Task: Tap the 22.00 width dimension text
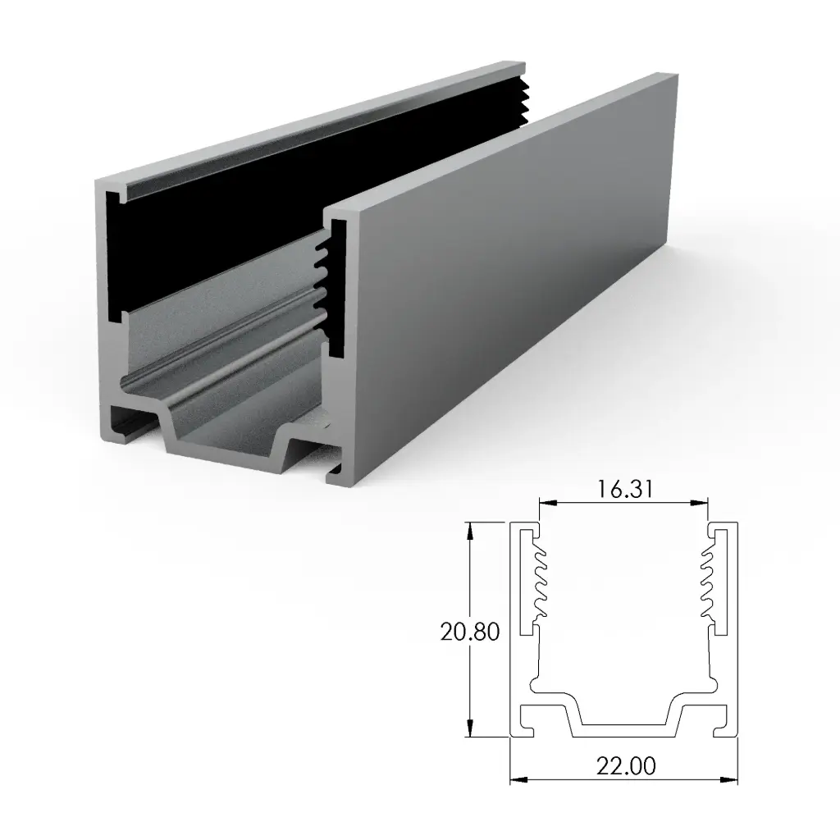tap(625, 767)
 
